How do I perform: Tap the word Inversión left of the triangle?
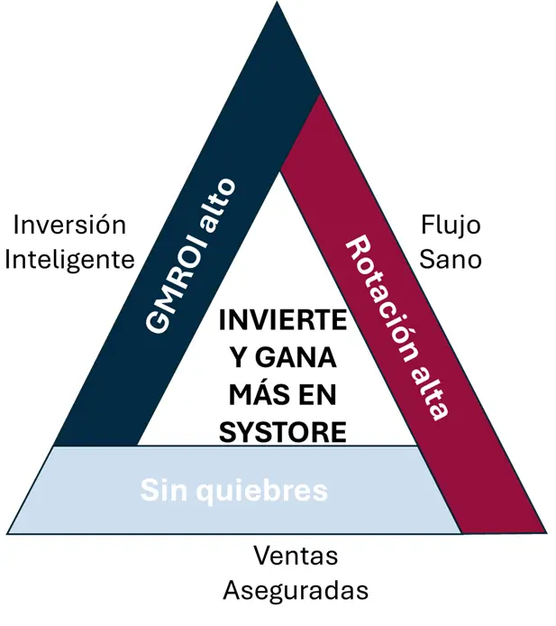click(68, 225)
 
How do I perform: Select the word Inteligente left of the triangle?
click(70, 260)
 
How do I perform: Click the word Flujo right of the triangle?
click(451, 225)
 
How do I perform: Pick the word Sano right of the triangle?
click(451, 260)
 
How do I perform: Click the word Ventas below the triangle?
click(296, 556)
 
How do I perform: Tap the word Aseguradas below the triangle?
click(296, 591)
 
